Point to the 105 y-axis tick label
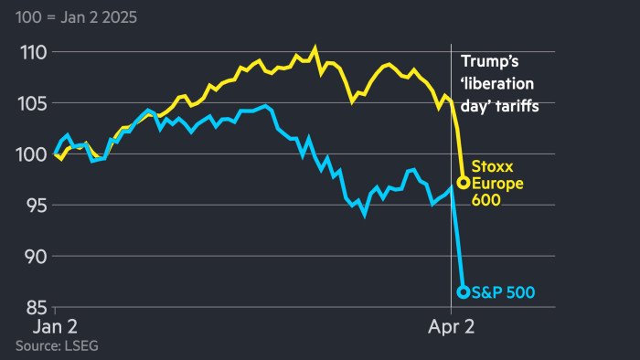coord(30,103)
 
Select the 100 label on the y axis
coord(30,154)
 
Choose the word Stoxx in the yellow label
coord(492,167)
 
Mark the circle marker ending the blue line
coord(463,292)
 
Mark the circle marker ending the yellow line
coord(463,183)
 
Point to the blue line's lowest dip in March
coord(364,216)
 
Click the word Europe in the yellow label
coord(495,183)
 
